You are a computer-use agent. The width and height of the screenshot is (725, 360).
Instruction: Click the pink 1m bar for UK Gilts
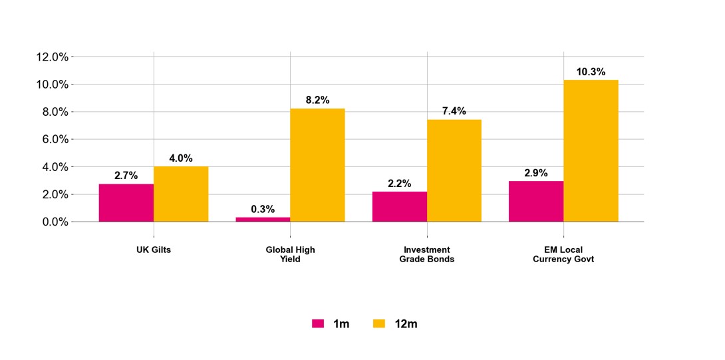click(x=126, y=203)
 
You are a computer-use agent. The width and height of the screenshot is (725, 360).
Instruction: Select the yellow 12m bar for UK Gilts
click(x=181, y=194)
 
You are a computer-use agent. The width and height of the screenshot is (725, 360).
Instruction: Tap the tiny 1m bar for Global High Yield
click(x=263, y=219)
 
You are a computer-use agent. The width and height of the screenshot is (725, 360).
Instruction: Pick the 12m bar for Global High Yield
click(x=317, y=165)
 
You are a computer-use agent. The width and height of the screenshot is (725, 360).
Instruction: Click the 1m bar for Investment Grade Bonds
click(x=400, y=206)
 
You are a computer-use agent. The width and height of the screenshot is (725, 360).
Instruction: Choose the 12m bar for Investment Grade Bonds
click(x=454, y=170)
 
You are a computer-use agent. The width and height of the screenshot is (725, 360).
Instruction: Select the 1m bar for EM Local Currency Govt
click(x=536, y=202)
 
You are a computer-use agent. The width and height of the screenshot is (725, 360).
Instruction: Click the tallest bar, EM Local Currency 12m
click(x=591, y=150)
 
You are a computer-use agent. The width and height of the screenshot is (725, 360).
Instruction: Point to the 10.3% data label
click(x=591, y=72)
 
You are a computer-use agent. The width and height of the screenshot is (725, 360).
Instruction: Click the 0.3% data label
click(x=263, y=209)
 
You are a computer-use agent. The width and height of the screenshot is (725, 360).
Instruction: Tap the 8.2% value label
click(x=317, y=100)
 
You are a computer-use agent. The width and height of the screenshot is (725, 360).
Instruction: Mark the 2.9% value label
click(x=536, y=173)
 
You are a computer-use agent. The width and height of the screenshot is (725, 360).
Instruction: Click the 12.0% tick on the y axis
click(x=52, y=57)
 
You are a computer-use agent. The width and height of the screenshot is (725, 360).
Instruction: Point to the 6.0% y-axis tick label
click(x=52, y=140)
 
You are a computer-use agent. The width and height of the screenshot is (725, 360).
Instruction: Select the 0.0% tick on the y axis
click(x=52, y=222)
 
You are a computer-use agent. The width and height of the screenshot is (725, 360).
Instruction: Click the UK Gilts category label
click(x=154, y=250)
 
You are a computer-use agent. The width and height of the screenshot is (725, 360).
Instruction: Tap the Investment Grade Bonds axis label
click(x=427, y=254)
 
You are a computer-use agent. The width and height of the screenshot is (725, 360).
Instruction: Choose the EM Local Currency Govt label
click(x=563, y=254)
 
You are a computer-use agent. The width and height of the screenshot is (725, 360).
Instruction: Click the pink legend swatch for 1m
click(x=318, y=324)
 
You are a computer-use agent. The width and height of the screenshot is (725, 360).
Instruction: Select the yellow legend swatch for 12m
click(x=378, y=324)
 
